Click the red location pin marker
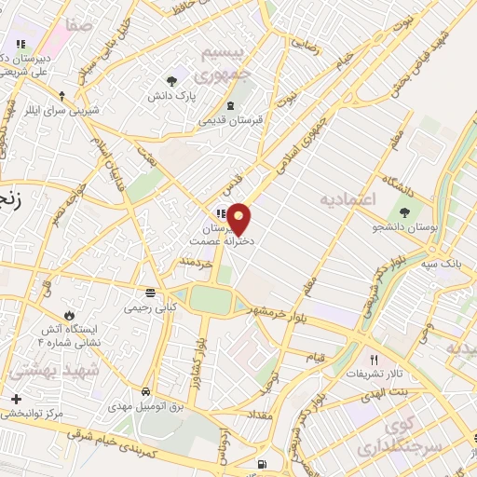239,218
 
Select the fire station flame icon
66,313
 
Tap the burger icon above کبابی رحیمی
138,291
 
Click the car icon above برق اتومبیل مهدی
147,391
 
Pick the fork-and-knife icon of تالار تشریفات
374,360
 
